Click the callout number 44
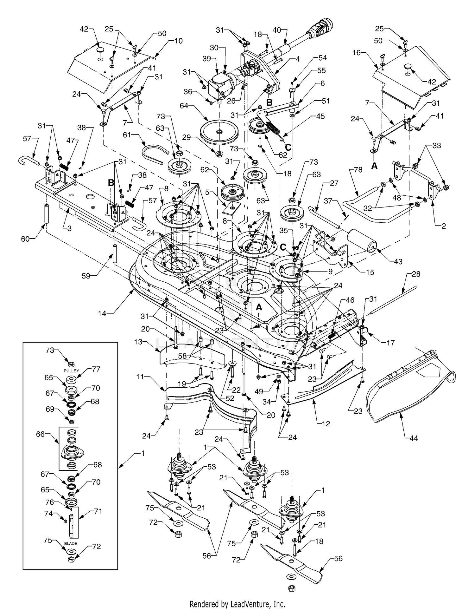tap(414, 438)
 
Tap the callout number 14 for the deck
tap(102, 313)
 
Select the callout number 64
tap(184, 105)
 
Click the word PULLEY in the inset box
tap(72, 371)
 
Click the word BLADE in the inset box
tap(71, 543)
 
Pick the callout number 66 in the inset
tap(41, 434)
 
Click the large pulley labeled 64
tap(219, 131)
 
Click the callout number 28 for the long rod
tap(416, 274)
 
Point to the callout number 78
tap(358, 170)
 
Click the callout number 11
tap(141, 377)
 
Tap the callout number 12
tap(326, 423)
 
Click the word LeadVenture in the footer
tap(247, 604)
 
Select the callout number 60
tap(25, 239)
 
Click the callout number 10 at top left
tap(178, 41)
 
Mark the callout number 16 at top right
tap(357, 53)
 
